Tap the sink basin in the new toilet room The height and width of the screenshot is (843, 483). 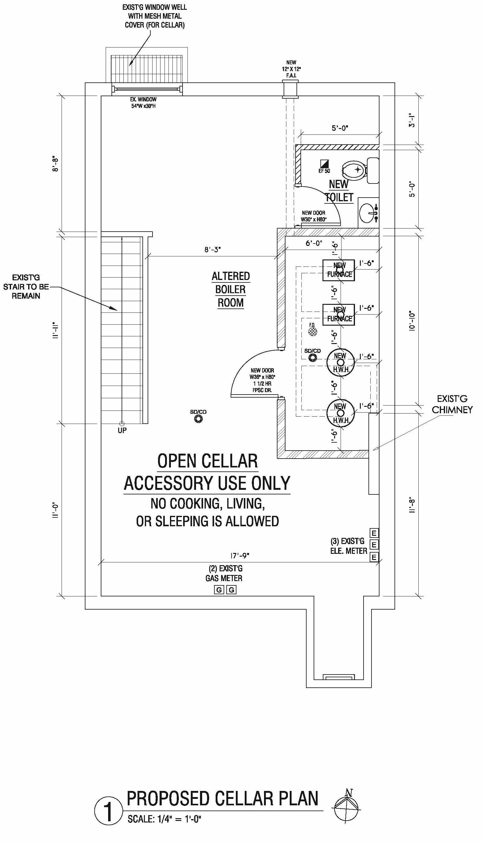click(367, 213)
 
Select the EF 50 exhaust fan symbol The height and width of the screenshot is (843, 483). click(324, 164)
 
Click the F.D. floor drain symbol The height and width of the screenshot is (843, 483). click(312, 331)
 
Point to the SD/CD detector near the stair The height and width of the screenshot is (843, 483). click(198, 419)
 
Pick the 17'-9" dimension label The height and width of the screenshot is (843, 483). click(240, 555)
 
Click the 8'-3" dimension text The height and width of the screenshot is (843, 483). click(212, 249)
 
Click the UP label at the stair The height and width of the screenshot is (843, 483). click(122, 430)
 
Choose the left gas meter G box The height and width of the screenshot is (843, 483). click(219, 590)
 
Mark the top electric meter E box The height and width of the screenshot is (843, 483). click(374, 533)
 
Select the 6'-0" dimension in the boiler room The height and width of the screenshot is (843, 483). click(314, 243)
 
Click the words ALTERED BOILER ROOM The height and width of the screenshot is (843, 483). click(231, 289)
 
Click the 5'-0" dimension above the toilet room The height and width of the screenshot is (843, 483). click(340, 128)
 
